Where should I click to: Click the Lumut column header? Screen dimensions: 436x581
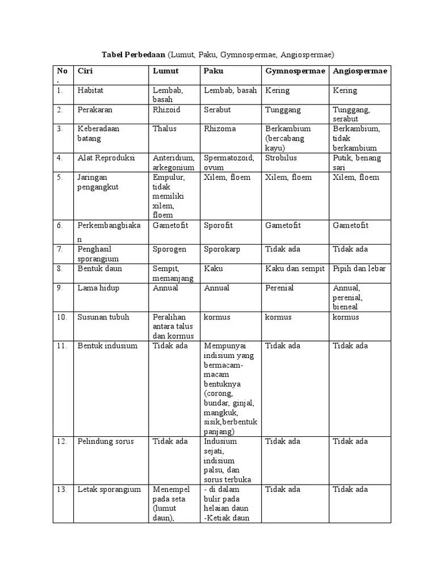(x=165, y=71)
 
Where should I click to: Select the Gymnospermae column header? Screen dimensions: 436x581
(x=295, y=71)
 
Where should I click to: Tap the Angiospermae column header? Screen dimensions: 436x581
(x=360, y=71)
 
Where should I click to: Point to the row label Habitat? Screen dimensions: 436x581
(x=90, y=90)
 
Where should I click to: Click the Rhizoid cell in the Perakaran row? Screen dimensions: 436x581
(x=166, y=110)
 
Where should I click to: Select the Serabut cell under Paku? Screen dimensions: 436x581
(x=217, y=110)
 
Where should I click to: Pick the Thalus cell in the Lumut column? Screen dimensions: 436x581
(x=165, y=129)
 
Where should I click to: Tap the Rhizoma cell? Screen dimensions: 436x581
(x=220, y=129)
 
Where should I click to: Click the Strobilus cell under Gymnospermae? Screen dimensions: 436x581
(x=280, y=158)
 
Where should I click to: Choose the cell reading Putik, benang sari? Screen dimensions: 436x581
(x=357, y=162)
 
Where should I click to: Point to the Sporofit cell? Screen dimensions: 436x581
(x=218, y=225)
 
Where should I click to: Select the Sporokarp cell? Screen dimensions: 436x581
(x=222, y=249)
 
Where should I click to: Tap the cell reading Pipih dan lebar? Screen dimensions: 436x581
(x=359, y=268)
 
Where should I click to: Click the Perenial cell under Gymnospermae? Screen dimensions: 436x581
(x=279, y=288)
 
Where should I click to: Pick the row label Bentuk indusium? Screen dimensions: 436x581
(x=107, y=346)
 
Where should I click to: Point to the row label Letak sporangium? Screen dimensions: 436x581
(x=109, y=489)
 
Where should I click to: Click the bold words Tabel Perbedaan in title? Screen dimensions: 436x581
(x=133, y=54)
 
